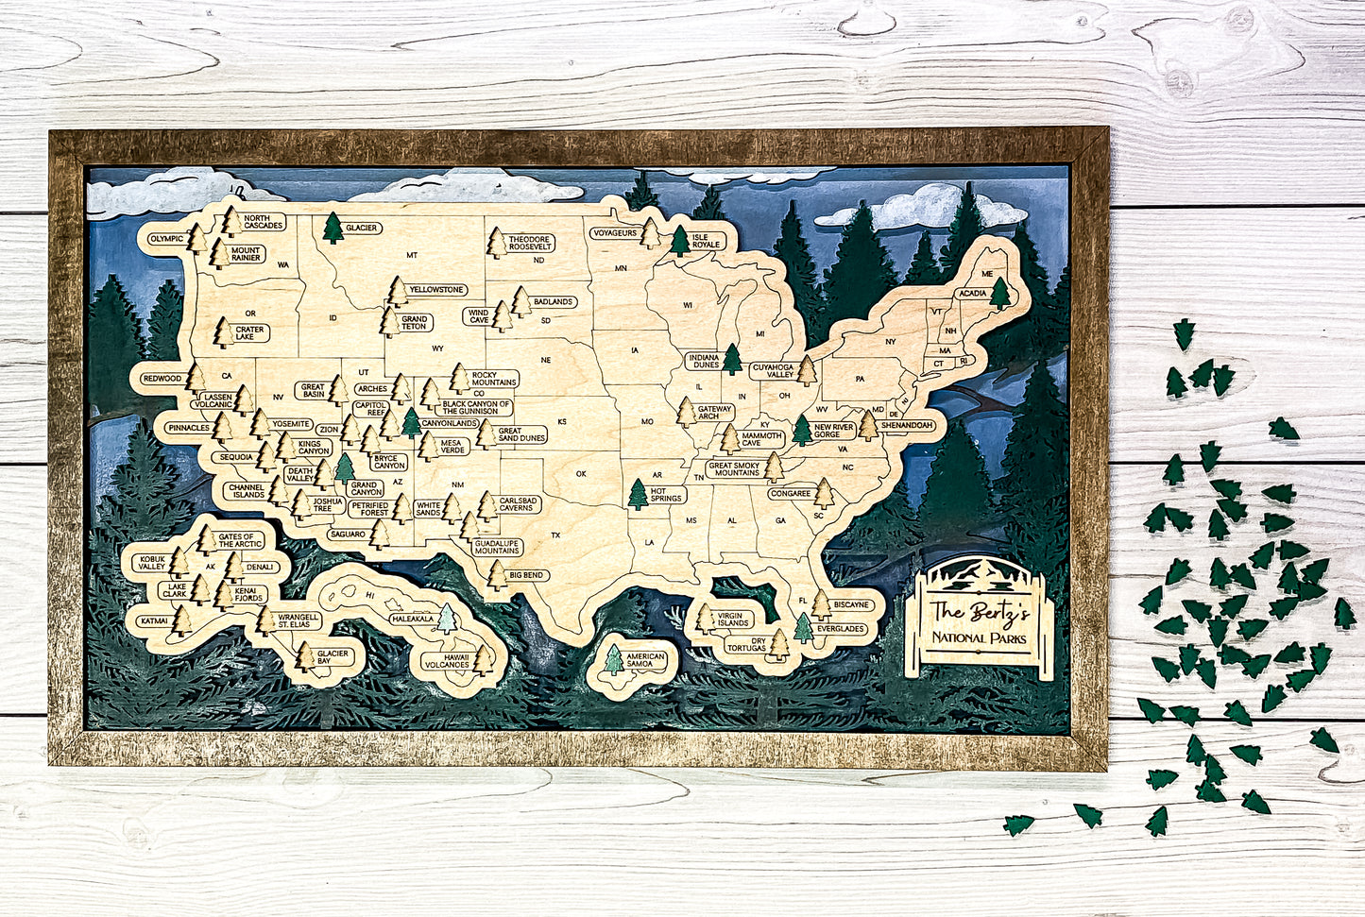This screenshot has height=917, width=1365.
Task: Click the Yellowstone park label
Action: click(436, 289)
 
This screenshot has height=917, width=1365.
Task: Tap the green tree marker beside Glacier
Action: click(333, 228)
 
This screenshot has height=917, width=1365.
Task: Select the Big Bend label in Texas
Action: click(525, 574)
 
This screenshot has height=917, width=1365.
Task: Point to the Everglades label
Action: click(841, 627)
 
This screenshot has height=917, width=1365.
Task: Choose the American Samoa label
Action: click(646, 660)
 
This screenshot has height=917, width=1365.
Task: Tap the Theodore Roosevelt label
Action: click(530, 244)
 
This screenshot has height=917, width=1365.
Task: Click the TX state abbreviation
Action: click(555, 535)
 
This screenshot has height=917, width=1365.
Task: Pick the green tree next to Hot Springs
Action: click(639, 494)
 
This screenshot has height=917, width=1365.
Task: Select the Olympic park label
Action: click(166, 238)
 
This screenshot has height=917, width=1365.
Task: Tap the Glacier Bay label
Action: click(333, 657)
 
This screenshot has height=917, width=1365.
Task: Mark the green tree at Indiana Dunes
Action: click(731, 359)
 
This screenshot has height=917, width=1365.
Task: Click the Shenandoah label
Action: click(907, 426)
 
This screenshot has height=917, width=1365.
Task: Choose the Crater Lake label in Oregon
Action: click(250, 332)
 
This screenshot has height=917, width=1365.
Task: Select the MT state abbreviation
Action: click(412, 255)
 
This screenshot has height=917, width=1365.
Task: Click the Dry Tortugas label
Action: click(746, 644)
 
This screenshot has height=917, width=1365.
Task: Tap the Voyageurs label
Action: click(614, 232)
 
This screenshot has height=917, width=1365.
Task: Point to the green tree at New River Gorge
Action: click(802, 430)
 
